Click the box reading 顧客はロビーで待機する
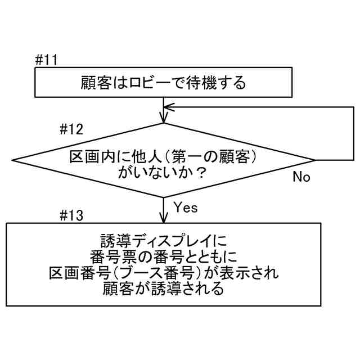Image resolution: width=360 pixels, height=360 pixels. [x=163, y=84]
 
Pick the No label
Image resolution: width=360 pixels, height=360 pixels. [x=301, y=177]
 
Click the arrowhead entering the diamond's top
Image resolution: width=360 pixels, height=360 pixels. [x=164, y=118]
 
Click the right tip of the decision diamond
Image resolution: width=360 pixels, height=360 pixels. [x=314, y=161]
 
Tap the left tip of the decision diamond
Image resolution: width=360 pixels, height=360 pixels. [x=13, y=161]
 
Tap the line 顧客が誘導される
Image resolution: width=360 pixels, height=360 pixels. [x=163, y=290]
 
